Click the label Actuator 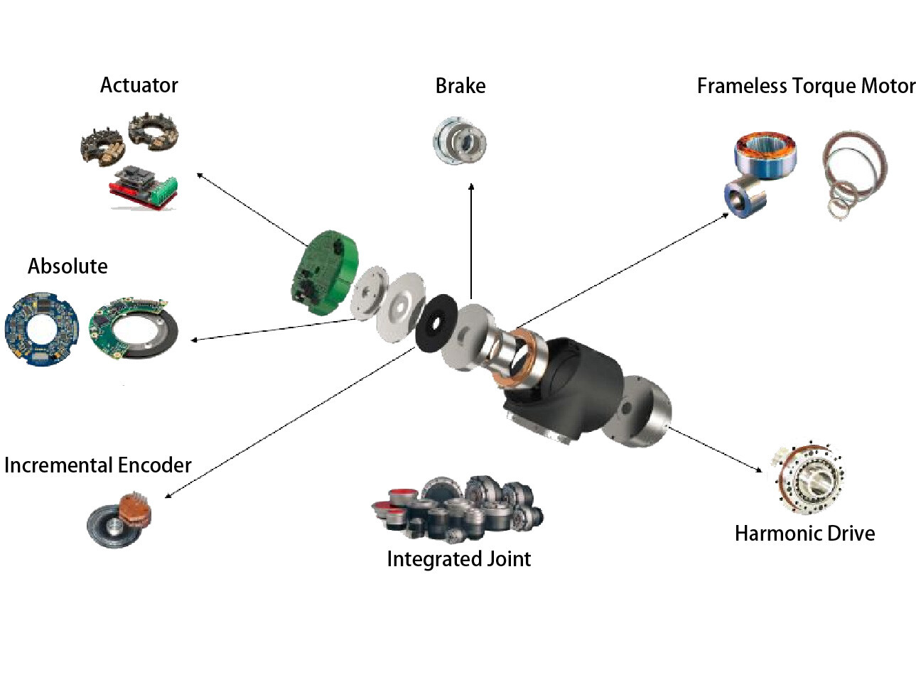pyautogui.click(x=139, y=85)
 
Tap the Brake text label pyautogui.click(x=460, y=86)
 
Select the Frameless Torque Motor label pyautogui.click(x=805, y=86)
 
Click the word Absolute pyautogui.click(x=68, y=266)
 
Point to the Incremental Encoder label pyautogui.click(x=97, y=465)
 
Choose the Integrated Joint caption pyautogui.click(x=458, y=559)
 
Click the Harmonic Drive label pyautogui.click(x=804, y=534)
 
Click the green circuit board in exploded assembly pyautogui.click(x=323, y=272)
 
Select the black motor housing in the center pyautogui.click(x=569, y=387)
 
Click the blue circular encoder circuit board pyautogui.click(x=41, y=328)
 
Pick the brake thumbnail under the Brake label pyautogui.click(x=460, y=141)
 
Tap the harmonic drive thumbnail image pyautogui.click(x=809, y=477)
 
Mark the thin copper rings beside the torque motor pyautogui.click(x=854, y=174)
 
